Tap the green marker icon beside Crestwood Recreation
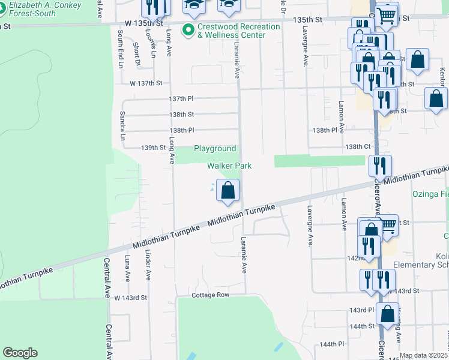[188, 28]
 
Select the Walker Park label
[229, 166]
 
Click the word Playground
[214, 149]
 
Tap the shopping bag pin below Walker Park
[228, 191]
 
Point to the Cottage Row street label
[211, 295]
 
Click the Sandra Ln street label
[122, 126]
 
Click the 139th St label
[153, 148]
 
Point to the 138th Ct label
[358, 146]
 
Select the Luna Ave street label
[127, 268]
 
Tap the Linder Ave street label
[147, 265]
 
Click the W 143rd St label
[130, 298]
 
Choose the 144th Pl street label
[332, 344]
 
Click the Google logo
[20, 353]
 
